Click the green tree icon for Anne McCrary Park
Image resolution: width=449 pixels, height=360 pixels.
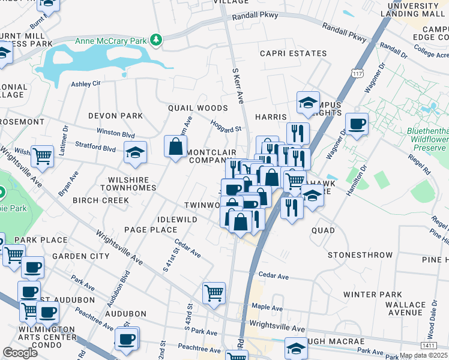[x=157, y=40]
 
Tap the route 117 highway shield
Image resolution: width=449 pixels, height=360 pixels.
[x=358, y=73]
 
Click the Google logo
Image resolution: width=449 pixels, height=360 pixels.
[x=20, y=353]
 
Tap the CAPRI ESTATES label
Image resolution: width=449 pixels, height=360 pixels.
[x=293, y=53]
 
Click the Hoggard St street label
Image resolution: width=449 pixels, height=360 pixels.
[x=226, y=127]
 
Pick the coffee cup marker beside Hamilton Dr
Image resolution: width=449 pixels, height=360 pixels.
[x=357, y=125]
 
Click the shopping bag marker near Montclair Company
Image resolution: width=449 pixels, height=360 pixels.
[x=175, y=147]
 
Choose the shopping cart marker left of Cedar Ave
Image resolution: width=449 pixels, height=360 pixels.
[x=214, y=293]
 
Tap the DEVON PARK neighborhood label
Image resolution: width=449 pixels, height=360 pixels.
[x=115, y=116]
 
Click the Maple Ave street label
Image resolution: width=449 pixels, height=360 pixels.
[x=267, y=306]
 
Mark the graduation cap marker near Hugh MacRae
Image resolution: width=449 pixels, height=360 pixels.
[x=296, y=349]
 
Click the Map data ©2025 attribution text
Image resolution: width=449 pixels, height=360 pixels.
[x=424, y=355]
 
